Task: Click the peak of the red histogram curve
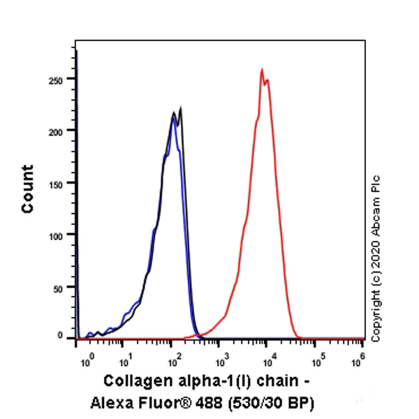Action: coord(262,69)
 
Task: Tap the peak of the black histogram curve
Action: coord(181,108)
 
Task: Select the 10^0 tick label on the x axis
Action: coord(87,362)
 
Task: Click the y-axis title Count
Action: coord(27,189)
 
